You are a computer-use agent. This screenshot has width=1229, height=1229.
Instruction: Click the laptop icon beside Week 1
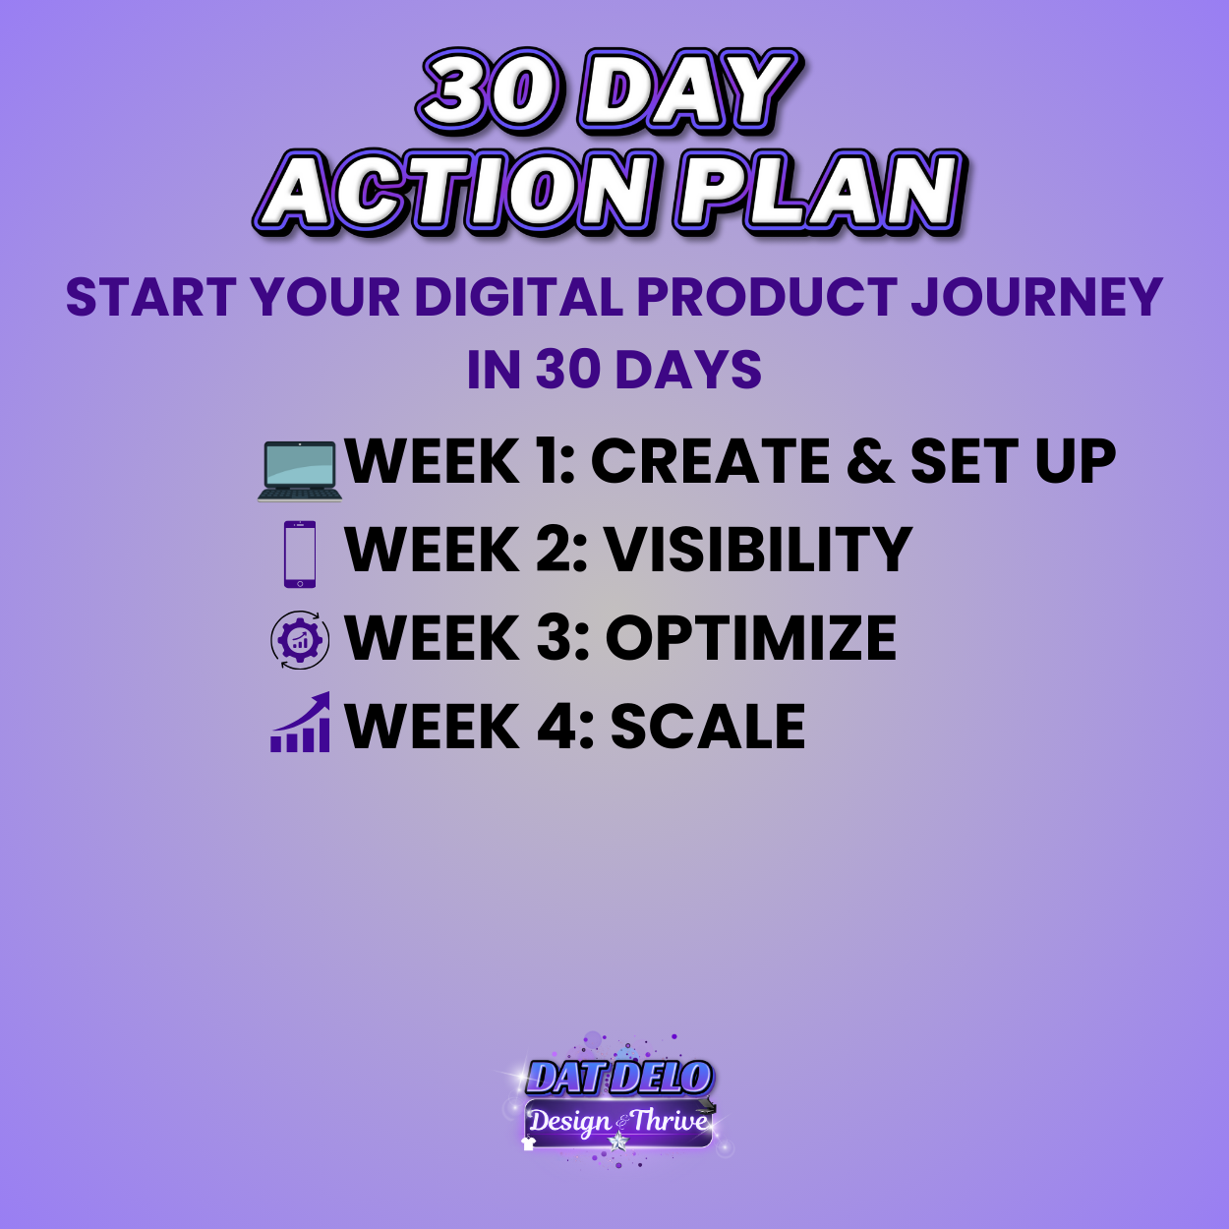tap(300, 470)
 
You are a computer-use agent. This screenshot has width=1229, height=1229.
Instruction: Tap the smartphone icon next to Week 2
tap(300, 555)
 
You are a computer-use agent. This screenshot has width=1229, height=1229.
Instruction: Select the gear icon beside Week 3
tap(300, 640)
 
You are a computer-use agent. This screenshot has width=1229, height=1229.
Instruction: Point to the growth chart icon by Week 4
tap(301, 724)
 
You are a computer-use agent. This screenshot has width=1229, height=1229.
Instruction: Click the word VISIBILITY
tap(758, 550)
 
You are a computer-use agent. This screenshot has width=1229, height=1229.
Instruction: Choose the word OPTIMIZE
tap(750, 638)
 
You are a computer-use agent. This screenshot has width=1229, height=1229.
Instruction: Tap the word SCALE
tap(708, 728)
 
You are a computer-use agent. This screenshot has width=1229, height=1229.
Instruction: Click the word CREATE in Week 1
tap(710, 461)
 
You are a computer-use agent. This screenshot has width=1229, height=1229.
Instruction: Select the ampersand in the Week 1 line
tap(870, 462)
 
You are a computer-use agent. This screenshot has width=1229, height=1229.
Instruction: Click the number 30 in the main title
tap(490, 91)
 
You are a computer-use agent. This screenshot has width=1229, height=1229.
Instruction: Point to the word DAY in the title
tap(688, 91)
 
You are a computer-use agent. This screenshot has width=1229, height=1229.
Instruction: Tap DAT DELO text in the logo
tap(618, 1078)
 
